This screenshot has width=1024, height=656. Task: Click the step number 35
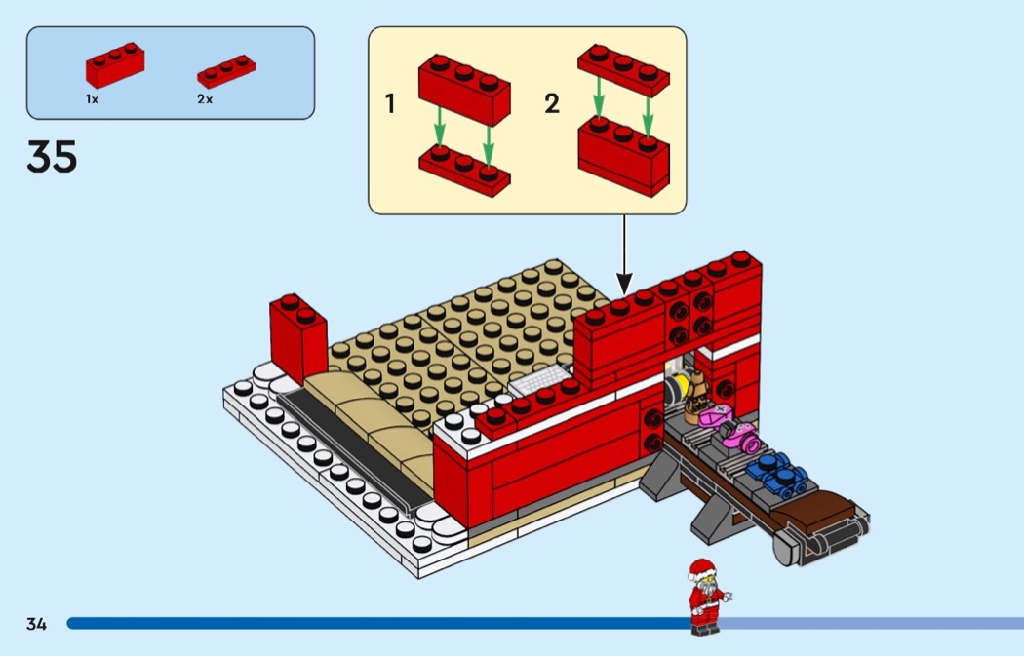(52, 156)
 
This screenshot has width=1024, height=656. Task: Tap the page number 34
(36, 624)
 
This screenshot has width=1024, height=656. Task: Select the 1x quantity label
(92, 99)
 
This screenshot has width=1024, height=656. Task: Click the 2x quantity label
(205, 99)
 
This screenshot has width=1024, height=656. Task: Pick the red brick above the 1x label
(115, 65)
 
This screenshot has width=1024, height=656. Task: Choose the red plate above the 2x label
(227, 72)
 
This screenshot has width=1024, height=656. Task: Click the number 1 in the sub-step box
(390, 103)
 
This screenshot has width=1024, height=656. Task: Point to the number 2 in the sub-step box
(552, 103)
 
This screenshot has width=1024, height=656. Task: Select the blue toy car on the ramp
(777, 472)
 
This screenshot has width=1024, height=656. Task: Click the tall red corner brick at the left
(297, 336)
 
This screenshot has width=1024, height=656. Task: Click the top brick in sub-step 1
(465, 90)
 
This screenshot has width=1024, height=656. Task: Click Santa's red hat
(700, 568)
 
